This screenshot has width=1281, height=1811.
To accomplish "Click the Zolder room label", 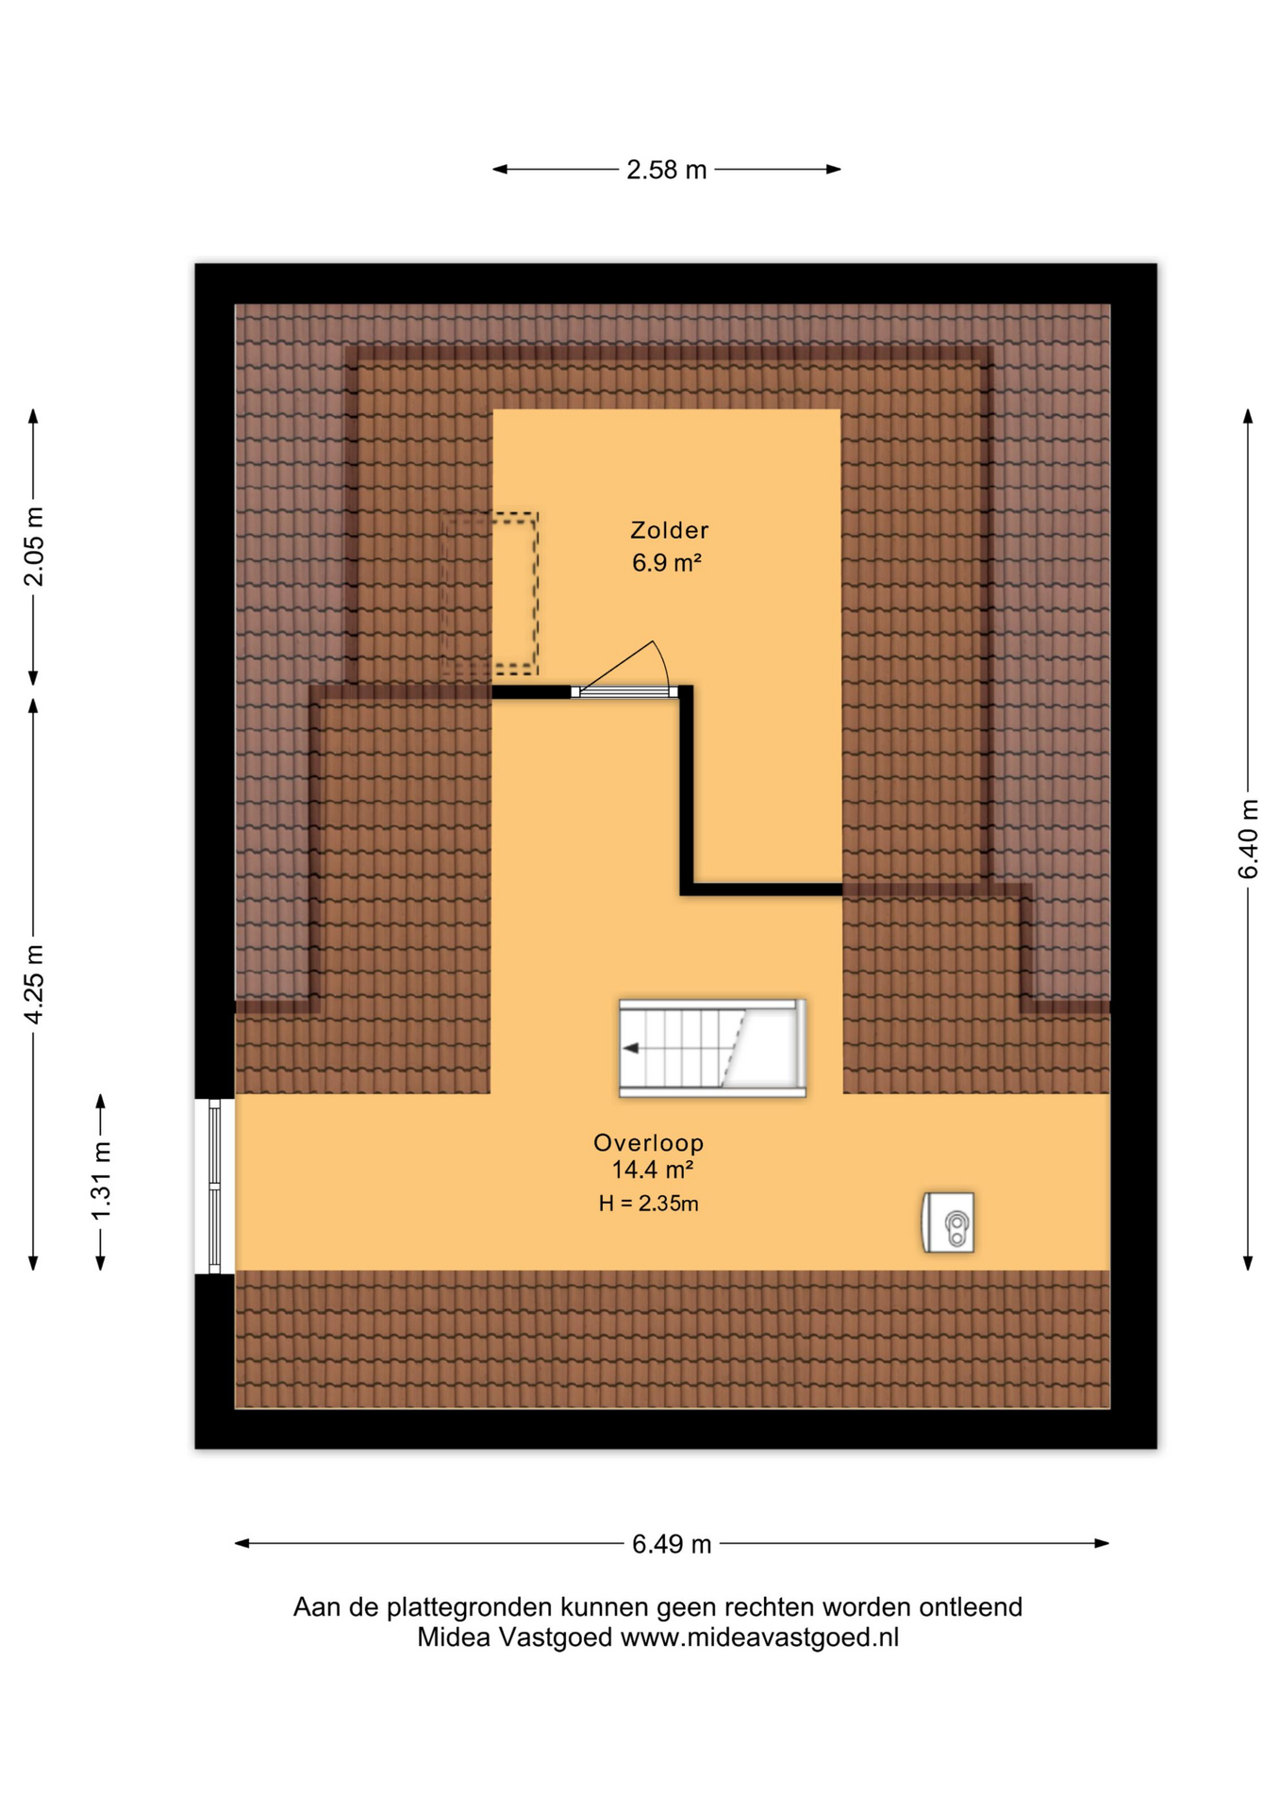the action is (669, 530).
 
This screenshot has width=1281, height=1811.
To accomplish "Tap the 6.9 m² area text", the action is (666, 563).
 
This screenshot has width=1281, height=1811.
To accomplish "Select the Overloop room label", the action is (649, 1143).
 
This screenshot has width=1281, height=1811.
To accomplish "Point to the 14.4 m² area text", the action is (653, 1171).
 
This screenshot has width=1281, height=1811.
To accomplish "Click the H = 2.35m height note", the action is (649, 1204).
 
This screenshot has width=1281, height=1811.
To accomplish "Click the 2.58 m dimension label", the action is (666, 170).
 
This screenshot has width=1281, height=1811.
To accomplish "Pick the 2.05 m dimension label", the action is (35, 546).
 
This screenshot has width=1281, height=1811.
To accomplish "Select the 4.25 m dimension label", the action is (35, 984).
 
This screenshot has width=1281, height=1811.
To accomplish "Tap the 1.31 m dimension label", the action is (102, 1181).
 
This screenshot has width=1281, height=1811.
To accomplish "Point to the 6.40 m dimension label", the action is (1248, 839).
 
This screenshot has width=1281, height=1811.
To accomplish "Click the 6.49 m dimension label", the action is (672, 1544).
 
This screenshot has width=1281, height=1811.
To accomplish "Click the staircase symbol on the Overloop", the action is (712, 1048).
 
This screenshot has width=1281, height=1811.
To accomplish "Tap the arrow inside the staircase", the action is (631, 1048).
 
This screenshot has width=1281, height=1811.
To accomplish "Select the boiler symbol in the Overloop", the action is (948, 1222).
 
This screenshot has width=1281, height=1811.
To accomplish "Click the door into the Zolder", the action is (624, 691).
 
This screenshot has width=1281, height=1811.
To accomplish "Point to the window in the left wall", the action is (214, 1186).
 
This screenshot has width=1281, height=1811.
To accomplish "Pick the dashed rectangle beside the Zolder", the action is (490, 593).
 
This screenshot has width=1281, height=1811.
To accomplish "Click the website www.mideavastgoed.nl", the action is (759, 1637).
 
